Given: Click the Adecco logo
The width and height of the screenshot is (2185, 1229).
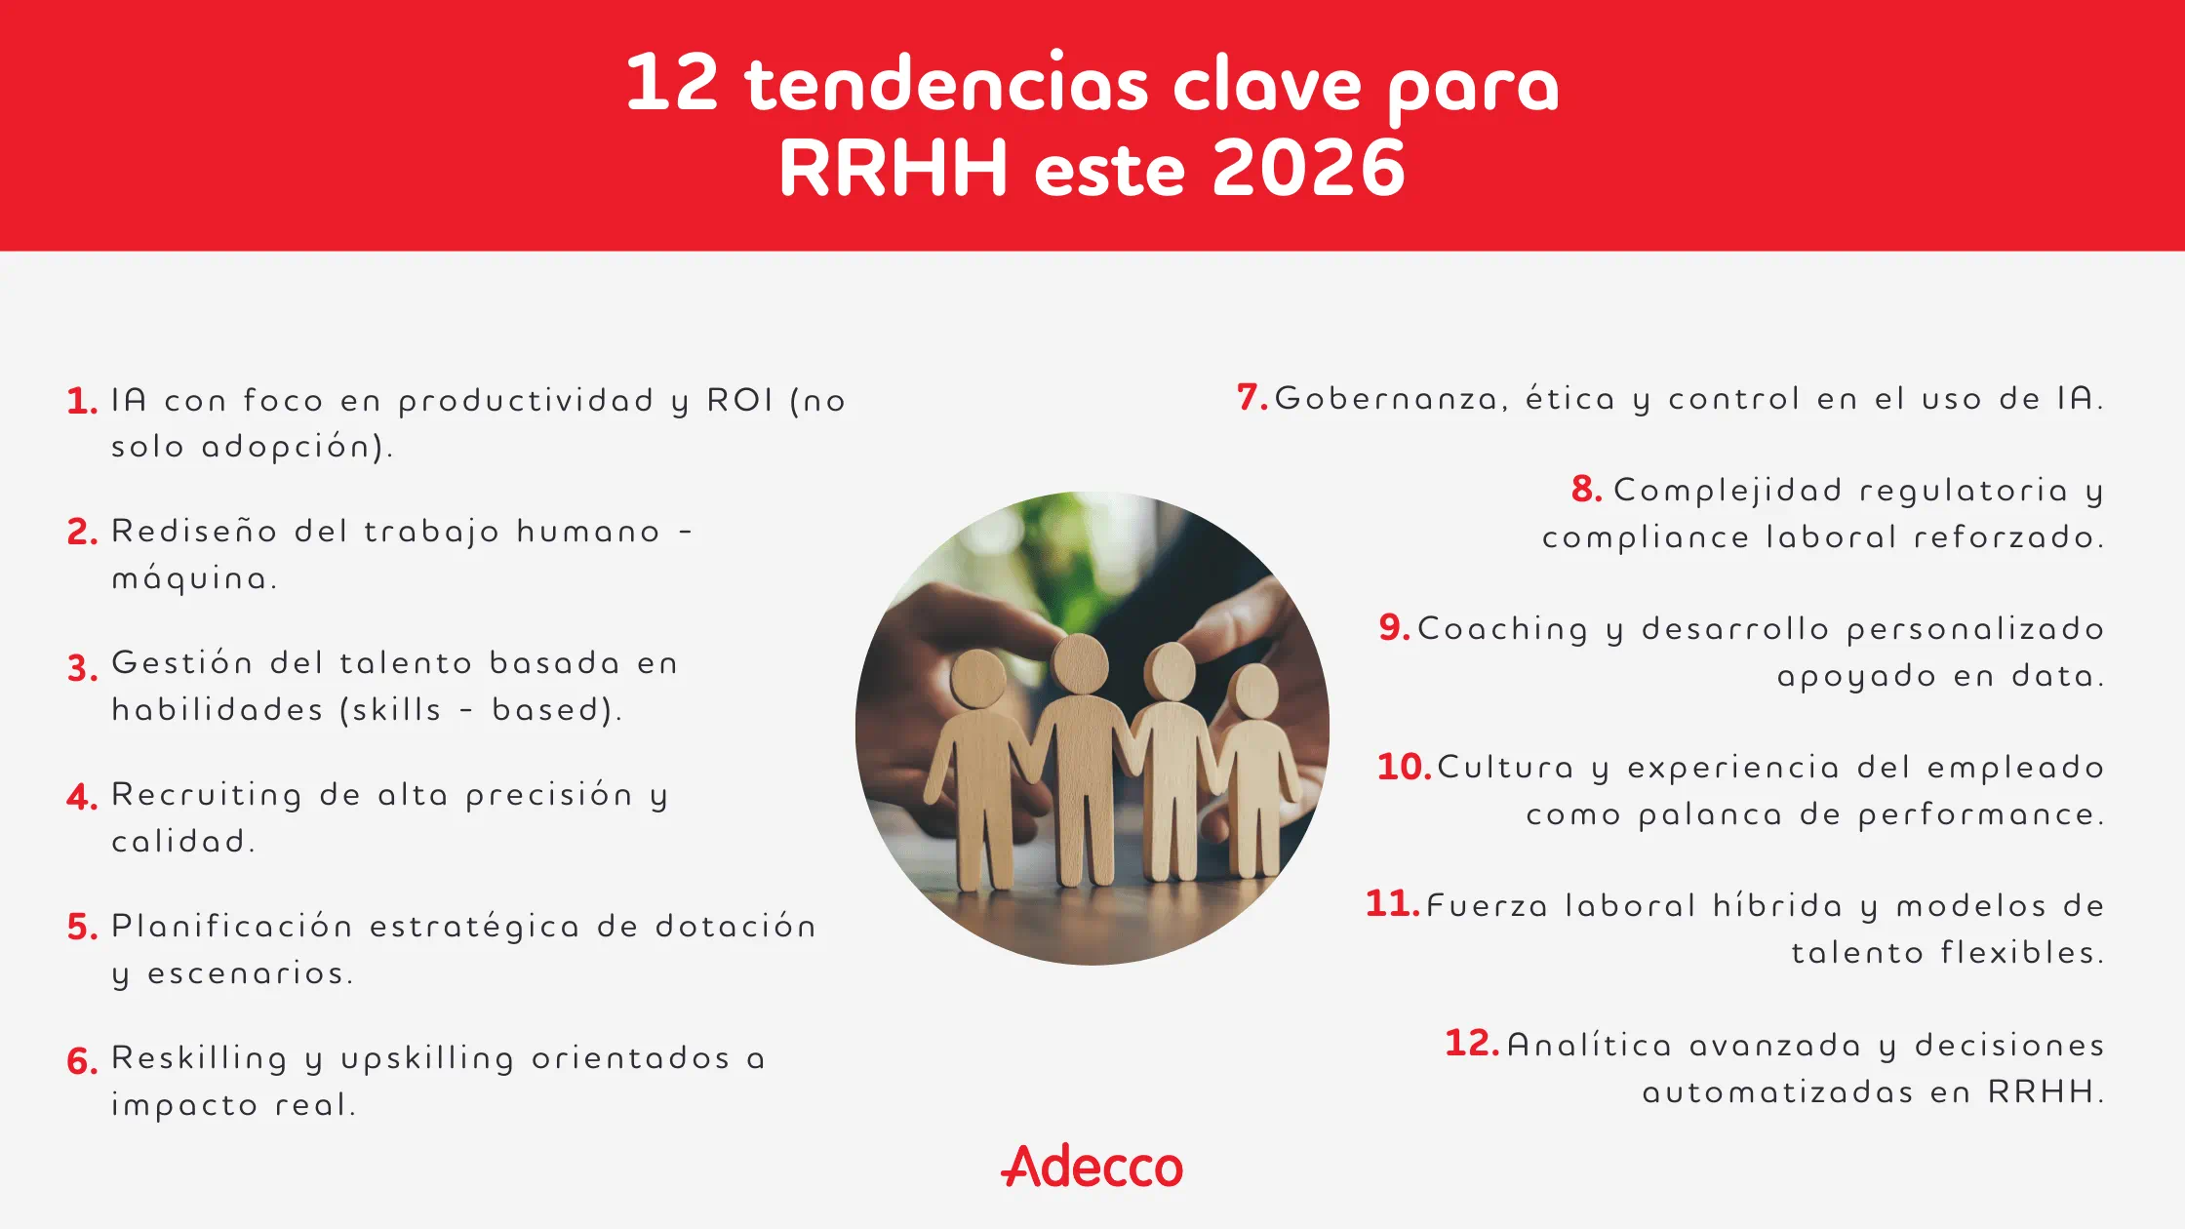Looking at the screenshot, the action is click(1092, 1166).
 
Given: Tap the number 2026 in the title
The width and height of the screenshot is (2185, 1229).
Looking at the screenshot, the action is click(1309, 168).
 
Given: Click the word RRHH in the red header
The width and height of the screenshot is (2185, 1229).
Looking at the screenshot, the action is click(893, 168).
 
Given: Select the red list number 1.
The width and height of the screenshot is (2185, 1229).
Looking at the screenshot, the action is click(82, 401).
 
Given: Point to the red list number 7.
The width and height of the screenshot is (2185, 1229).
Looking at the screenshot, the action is click(1251, 397).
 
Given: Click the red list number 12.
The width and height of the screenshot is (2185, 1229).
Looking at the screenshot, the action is click(1471, 1043).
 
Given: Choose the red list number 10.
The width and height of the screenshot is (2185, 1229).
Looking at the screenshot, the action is click(1404, 767).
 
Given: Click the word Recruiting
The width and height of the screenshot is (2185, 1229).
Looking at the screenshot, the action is click(207, 796).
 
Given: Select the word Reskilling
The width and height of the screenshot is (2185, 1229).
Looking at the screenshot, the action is click(200, 1057).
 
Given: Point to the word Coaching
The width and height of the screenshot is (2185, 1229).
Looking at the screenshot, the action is click(1503, 629).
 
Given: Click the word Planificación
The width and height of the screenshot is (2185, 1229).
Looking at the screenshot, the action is click(232, 927).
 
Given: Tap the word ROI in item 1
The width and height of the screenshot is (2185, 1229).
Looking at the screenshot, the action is click(739, 400).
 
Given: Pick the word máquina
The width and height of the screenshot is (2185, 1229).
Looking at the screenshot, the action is click(194, 579).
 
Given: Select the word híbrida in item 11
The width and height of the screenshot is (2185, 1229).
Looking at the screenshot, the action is click(1778, 905).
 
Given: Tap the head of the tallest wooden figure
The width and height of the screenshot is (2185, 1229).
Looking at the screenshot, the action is click(1080, 664).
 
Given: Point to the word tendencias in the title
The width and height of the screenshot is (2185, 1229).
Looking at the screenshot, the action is click(946, 84).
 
